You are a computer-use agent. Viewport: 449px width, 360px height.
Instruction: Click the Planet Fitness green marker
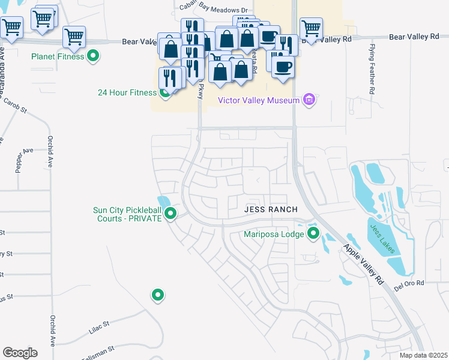point(93,57)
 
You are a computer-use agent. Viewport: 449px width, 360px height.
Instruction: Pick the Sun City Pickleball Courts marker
point(170,213)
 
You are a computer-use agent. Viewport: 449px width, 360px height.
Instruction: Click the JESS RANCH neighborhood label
point(271,209)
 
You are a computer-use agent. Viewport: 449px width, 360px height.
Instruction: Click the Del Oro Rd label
point(409,283)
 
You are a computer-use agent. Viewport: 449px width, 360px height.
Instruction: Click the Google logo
point(20,353)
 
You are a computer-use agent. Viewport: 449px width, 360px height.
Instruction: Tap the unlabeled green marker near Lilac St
point(157,295)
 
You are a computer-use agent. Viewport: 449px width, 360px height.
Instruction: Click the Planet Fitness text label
point(58,58)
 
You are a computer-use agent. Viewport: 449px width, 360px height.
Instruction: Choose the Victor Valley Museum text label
point(258,100)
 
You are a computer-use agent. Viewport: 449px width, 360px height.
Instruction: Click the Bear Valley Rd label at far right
point(414,37)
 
